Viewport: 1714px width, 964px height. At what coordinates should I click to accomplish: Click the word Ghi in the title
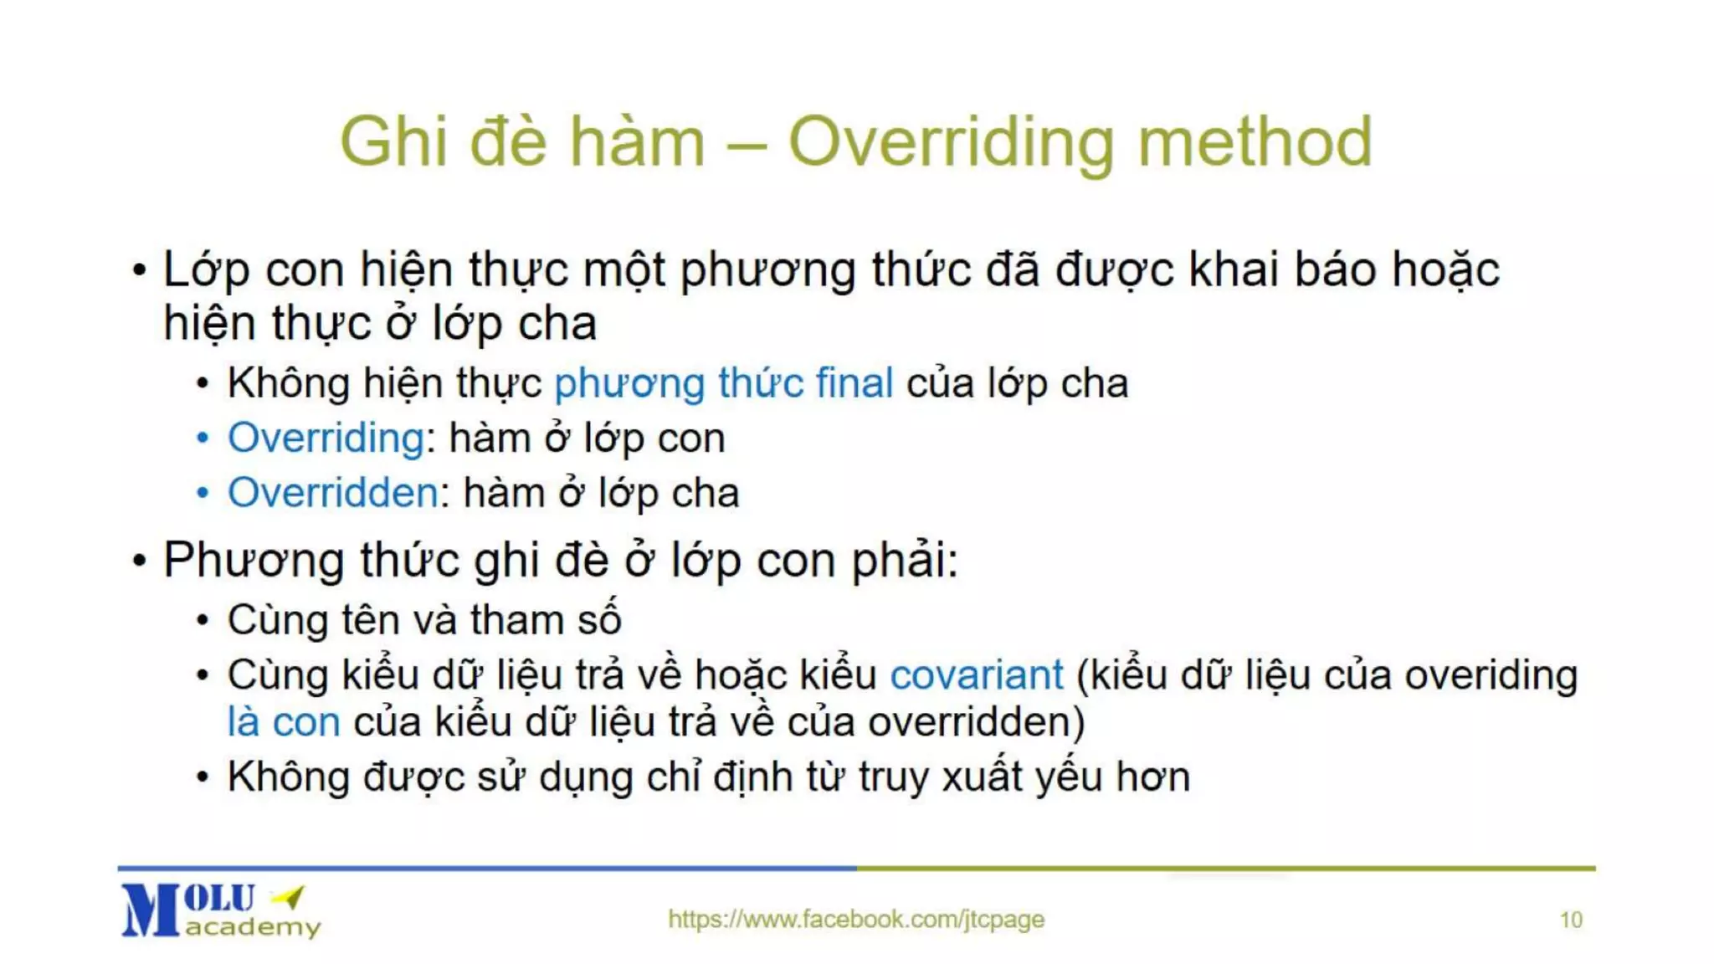pyautogui.click(x=393, y=142)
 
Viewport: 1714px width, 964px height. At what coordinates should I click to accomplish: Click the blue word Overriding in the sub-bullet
pyautogui.click(x=326, y=438)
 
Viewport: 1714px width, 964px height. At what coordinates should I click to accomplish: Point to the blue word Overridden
pyautogui.click(x=332, y=493)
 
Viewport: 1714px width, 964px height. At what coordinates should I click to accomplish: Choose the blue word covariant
pyautogui.click(x=976, y=675)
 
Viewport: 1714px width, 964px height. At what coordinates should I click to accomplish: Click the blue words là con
pyautogui.click(x=284, y=722)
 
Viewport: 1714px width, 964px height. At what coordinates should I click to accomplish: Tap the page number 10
pyautogui.click(x=1571, y=920)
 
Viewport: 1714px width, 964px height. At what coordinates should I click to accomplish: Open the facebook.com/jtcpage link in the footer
pyautogui.click(x=856, y=919)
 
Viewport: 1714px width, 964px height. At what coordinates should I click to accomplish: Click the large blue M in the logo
pyautogui.click(x=151, y=910)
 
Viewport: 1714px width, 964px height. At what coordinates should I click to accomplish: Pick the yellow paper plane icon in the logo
pyautogui.click(x=289, y=897)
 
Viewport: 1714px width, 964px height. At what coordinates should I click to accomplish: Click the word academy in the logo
pyautogui.click(x=253, y=927)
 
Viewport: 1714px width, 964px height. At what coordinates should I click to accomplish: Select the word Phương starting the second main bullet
pyautogui.click(x=254, y=560)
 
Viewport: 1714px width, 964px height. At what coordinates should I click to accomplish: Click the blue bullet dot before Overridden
pyautogui.click(x=202, y=493)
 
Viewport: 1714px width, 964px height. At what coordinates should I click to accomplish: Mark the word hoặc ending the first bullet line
pyautogui.click(x=1445, y=270)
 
